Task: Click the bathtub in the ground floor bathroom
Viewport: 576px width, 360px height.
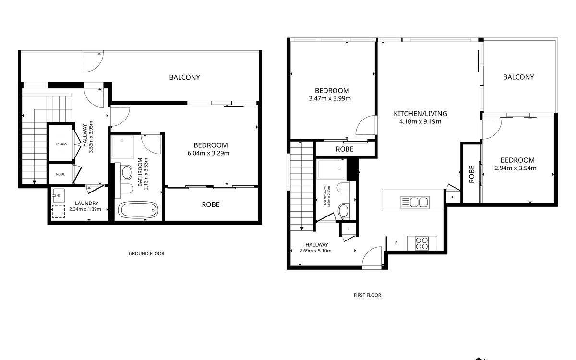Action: tap(138, 210)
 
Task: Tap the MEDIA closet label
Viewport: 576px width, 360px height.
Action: tap(61, 144)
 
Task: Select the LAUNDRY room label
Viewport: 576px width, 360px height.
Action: tap(87, 203)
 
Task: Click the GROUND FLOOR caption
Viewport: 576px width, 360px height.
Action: tap(146, 253)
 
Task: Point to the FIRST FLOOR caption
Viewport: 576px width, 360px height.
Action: tap(367, 295)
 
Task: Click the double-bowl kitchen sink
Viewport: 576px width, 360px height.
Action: tap(415, 203)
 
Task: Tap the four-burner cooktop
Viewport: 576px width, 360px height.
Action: tap(422, 243)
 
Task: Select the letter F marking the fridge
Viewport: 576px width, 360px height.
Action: tap(396, 243)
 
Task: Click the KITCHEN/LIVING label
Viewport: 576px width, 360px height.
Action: tap(420, 113)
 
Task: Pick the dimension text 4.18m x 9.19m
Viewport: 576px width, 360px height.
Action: tap(420, 121)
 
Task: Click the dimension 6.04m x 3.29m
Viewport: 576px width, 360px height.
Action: tap(208, 153)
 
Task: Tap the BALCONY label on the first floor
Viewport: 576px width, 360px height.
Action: tap(518, 77)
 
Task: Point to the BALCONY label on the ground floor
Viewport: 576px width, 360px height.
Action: tap(184, 77)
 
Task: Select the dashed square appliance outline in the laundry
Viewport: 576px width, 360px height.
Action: tap(59, 212)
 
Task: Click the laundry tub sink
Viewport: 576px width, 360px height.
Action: tap(59, 195)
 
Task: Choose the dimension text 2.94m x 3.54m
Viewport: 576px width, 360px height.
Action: tap(516, 168)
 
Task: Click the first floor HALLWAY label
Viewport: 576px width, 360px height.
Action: tap(316, 244)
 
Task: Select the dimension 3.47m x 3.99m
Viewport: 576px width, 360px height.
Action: tap(330, 98)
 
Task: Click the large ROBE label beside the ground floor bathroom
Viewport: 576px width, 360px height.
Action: tap(211, 204)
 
